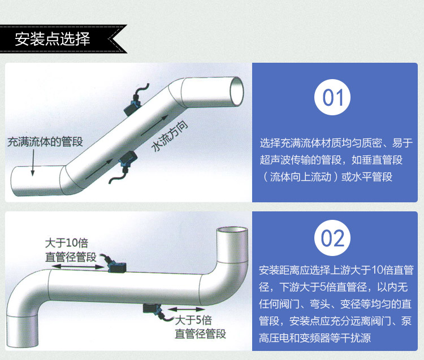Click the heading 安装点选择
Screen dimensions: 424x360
pyautogui.click(x=53, y=39)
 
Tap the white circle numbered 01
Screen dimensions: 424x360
pyautogui.click(x=332, y=97)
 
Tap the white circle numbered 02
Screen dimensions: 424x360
pyautogui.click(x=332, y=238)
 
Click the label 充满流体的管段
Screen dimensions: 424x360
pyautogui.click(x=45, y=142)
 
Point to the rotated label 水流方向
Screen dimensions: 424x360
pyautogui.click(x=170, y=137)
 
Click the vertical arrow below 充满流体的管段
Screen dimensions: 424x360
pyautogui.click(x=33, y=163)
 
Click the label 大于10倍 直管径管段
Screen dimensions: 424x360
pyautogui.click(x=71, y=250)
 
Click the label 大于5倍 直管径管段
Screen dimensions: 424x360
pyautogui.click(x=200, y=327)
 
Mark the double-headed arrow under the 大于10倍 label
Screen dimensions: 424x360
pyautogui.click(x=78, y=267)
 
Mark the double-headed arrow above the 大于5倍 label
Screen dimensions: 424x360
pyautogui.click(x=187, y=309)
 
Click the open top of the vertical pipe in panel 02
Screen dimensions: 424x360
pyautogui.click(x=232, y=230)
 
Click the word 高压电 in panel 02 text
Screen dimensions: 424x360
pyautogui.click(x=274, y=338)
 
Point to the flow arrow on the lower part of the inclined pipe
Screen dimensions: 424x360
pyautogui.click(x=99, y=169)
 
